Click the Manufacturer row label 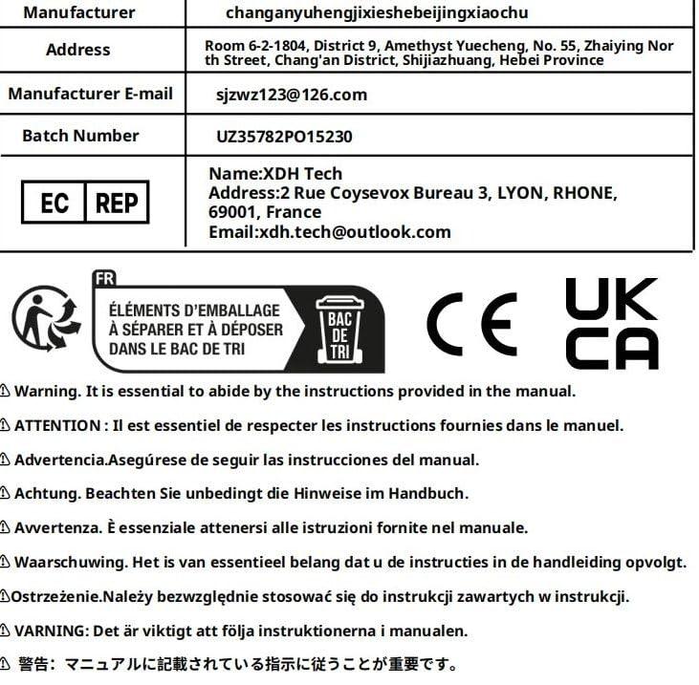[78, 13]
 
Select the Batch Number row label [80, 136]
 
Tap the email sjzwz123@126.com [292, 96]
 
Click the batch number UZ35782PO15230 [285, 137]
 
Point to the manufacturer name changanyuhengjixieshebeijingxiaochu [377, 13]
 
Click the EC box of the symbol [54, 203]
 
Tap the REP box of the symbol [117, 203]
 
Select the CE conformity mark [471, 323]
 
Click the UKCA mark [611, 323]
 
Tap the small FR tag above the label [103, 279]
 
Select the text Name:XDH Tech [275, 174]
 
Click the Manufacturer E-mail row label [91, 94]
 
